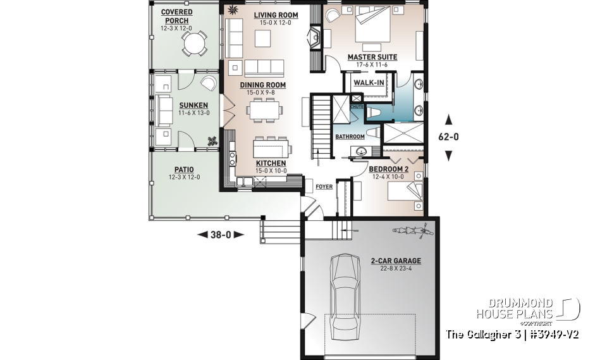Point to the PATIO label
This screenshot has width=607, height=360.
click(x=184, y=170)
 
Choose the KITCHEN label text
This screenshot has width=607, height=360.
click(x=271, y=163)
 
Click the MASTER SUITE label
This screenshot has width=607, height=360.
click(x=372, y=57)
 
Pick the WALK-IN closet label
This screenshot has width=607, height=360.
click(x=368, y=83)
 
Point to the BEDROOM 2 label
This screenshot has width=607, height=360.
click(x=388, y=169)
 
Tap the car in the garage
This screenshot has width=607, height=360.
click(x=345, y=292)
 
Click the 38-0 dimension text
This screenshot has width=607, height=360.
click(x=221, y=234)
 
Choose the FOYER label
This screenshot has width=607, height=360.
click(x=324, y=187)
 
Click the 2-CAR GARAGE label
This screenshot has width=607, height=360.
click(x=396, y=261)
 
